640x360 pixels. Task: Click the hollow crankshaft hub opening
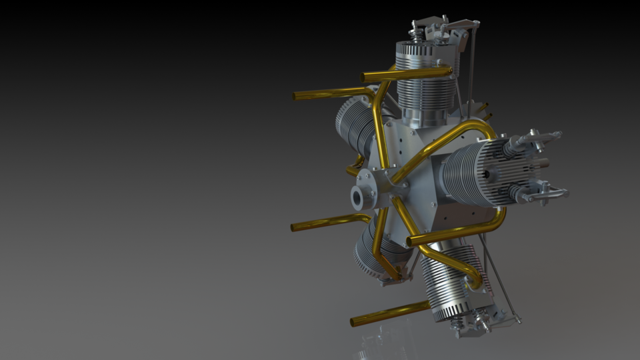pyautogui.click(x=359, y=197)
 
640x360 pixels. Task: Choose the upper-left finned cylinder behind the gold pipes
pyautogui.click(x=353, y=123)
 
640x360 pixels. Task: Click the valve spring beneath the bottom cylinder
pyautogui.click(x=456, y=323)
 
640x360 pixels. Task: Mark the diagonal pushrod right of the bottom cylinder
pyautogui.click(x=500, y=280)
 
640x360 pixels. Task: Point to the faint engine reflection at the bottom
pyautogui.click(x=373, y=347)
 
